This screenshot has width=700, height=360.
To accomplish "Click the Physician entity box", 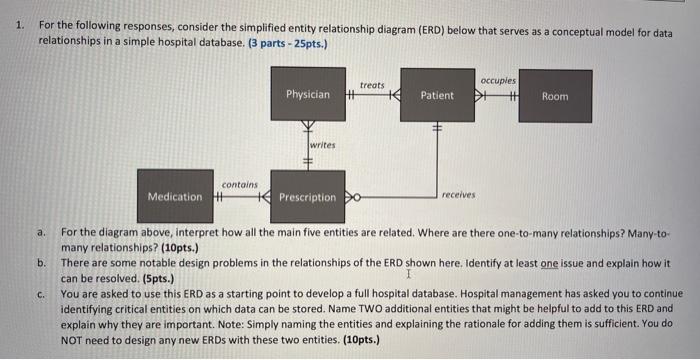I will [308, 95].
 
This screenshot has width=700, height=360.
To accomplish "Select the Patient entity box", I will [437, 95].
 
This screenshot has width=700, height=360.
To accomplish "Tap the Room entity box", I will [554, 96].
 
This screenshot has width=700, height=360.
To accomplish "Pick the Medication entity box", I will [175, 196].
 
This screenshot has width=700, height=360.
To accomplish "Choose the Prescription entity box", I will [307, 197].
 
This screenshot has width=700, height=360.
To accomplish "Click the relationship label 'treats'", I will [372, 85].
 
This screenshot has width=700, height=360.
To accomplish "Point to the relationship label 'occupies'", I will [498, 78].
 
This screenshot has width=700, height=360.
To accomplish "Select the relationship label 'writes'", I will [322, 145].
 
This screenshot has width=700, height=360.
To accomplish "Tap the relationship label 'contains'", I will [239, 184].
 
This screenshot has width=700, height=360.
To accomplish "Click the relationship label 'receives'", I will [458, 195].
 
